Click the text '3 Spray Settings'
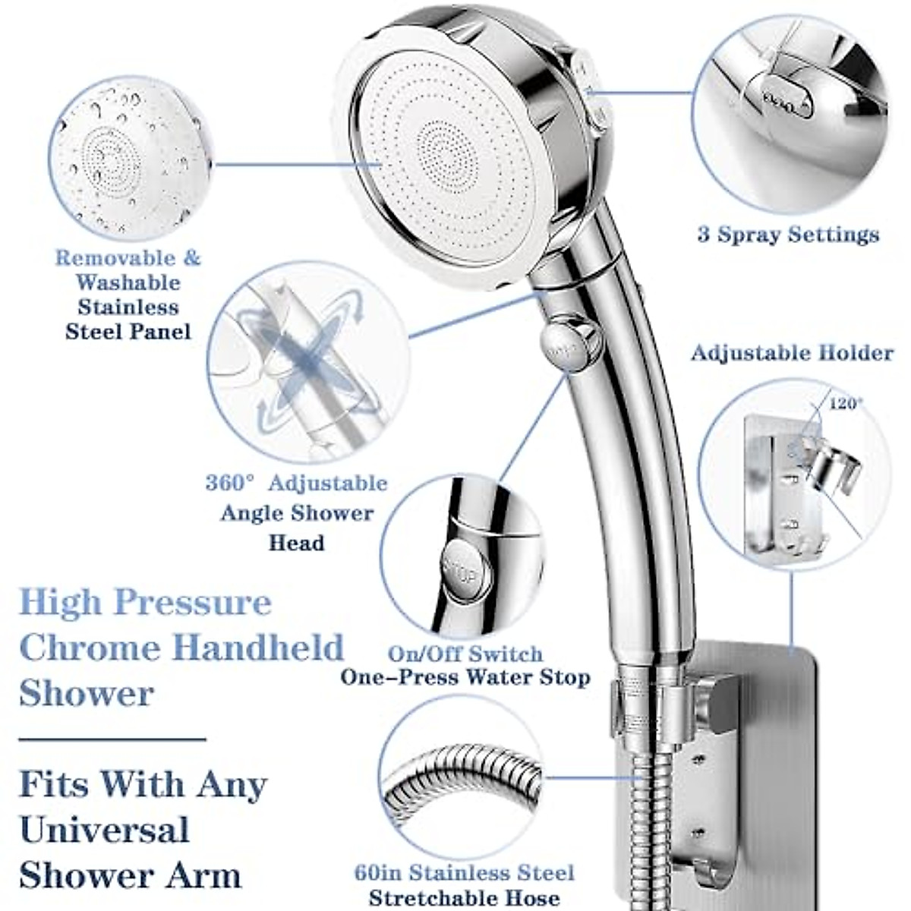tap(788, 235)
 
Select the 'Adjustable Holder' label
tap(791, 353)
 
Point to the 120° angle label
tap(845, 404)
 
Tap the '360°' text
tap(230, 484)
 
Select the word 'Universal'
tap(104, 830)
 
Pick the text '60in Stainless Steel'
tap(464, 873)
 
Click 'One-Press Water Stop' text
tap(465, 677)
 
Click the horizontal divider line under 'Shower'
tap(112, 738)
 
